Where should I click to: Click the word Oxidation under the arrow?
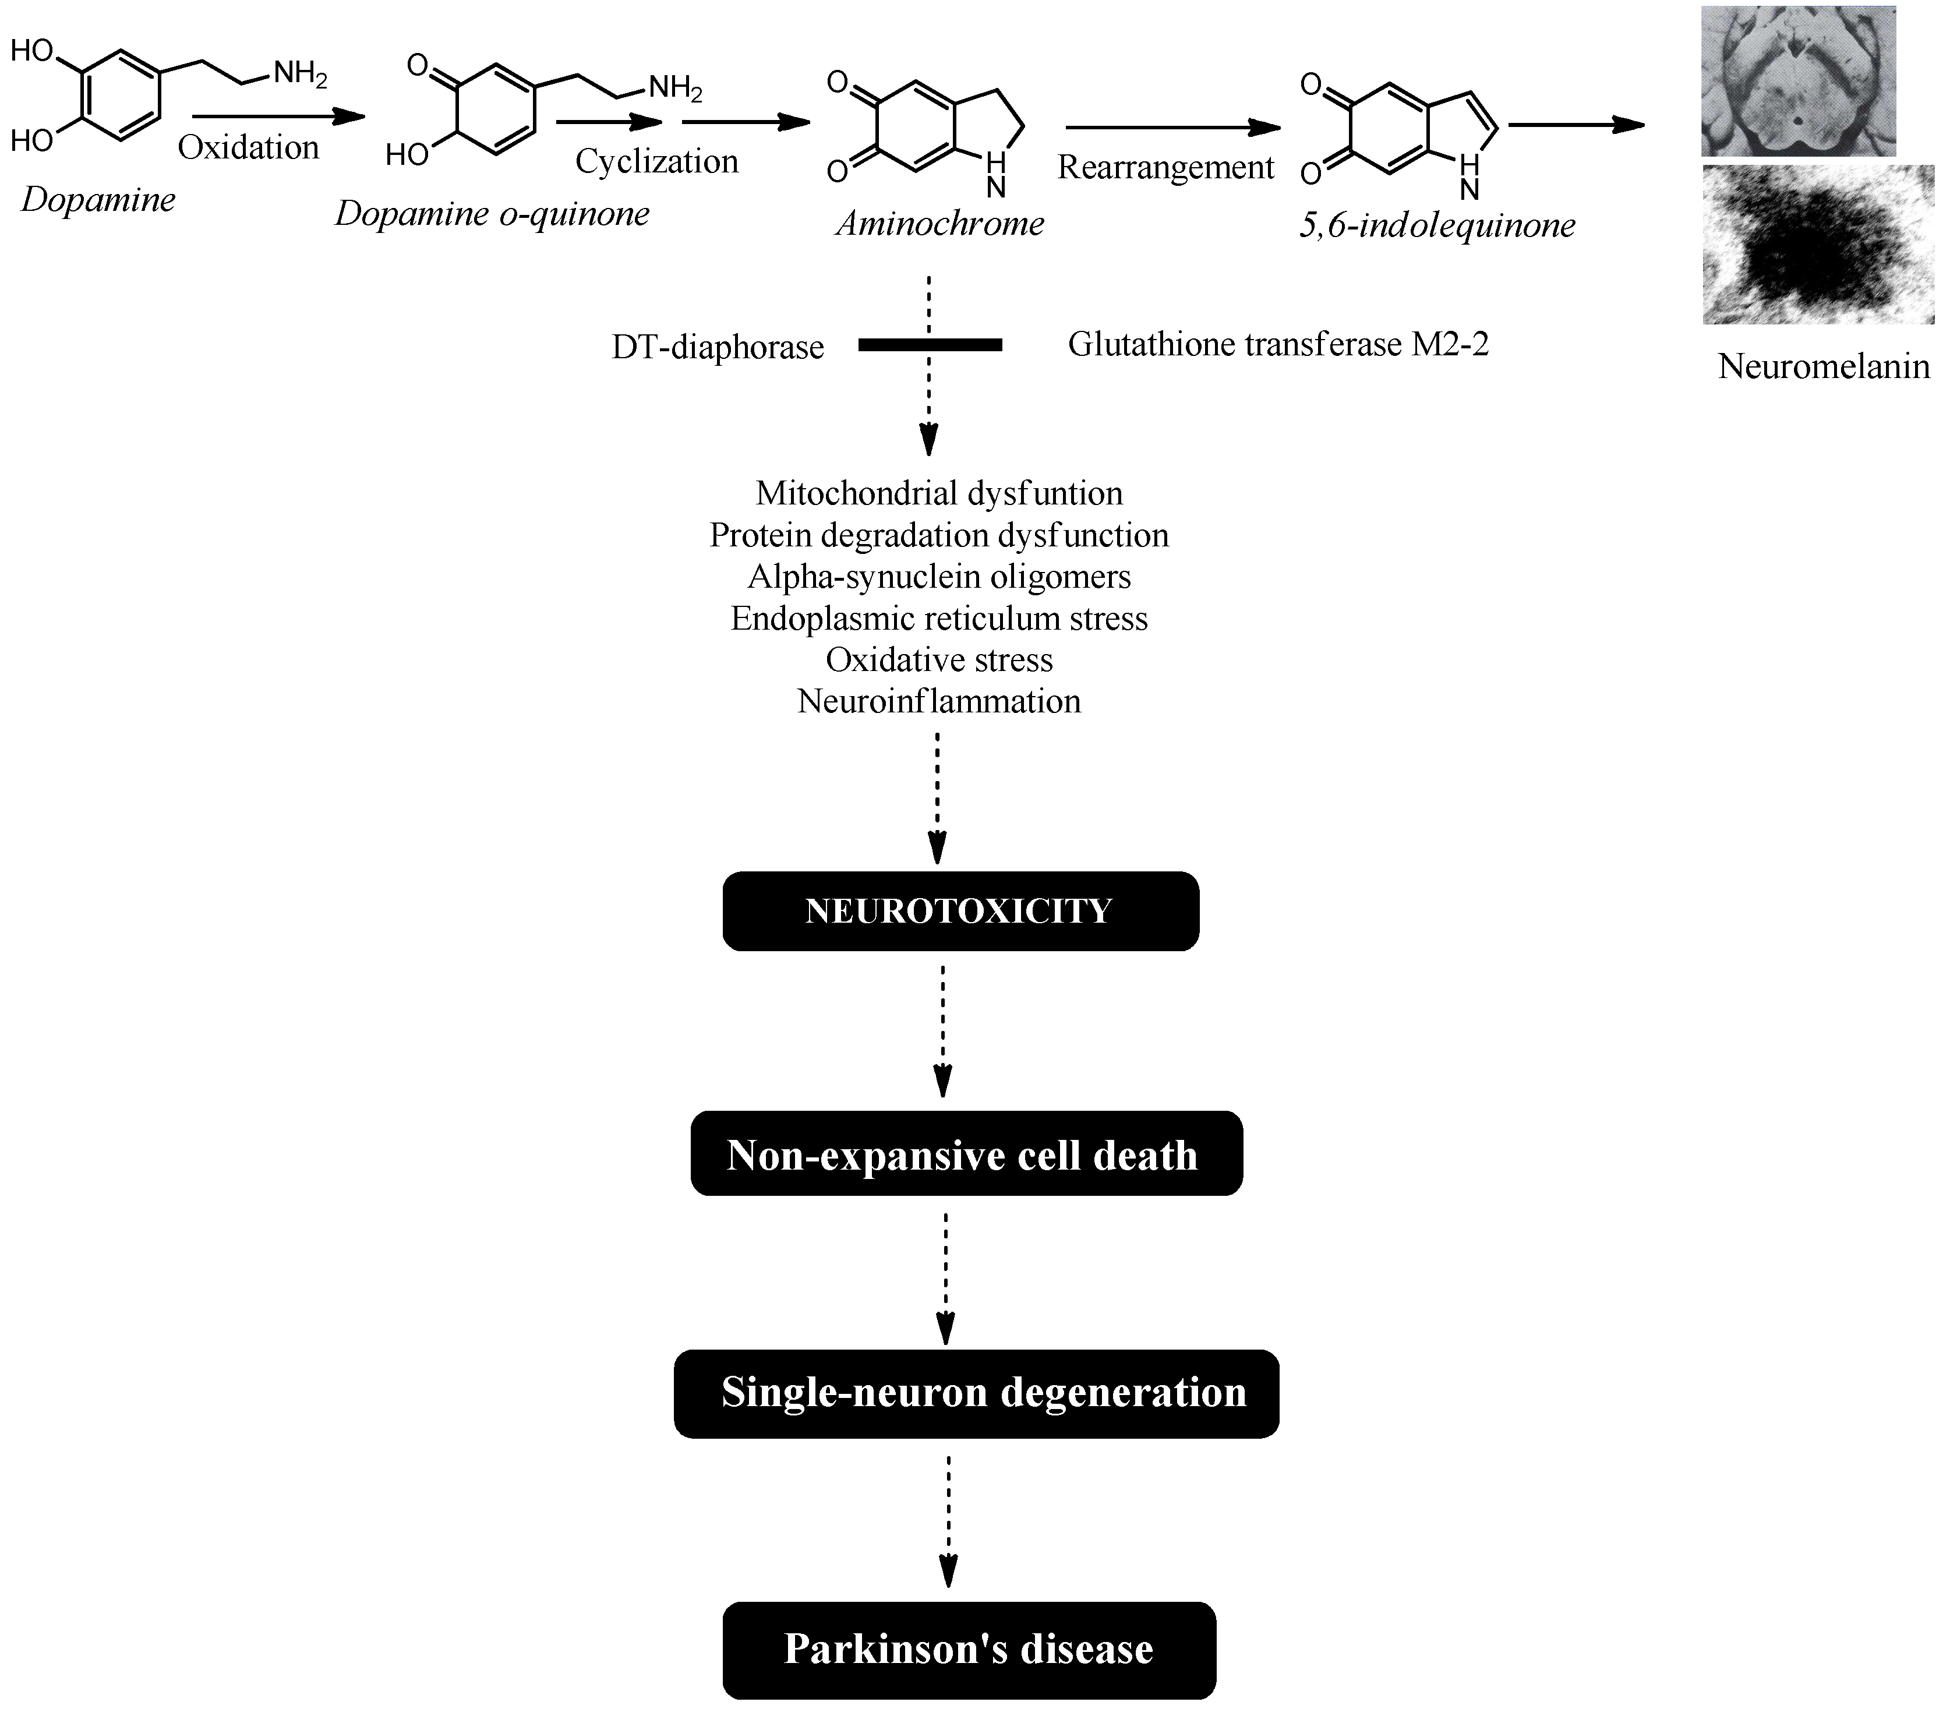pos(248,148)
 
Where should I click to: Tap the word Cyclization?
pos(656,161)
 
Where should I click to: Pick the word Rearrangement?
pos(1165,168)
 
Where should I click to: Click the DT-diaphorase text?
pos(717,347)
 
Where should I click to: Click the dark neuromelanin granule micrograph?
pos(1818,245)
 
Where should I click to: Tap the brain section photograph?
pos(1798,81)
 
